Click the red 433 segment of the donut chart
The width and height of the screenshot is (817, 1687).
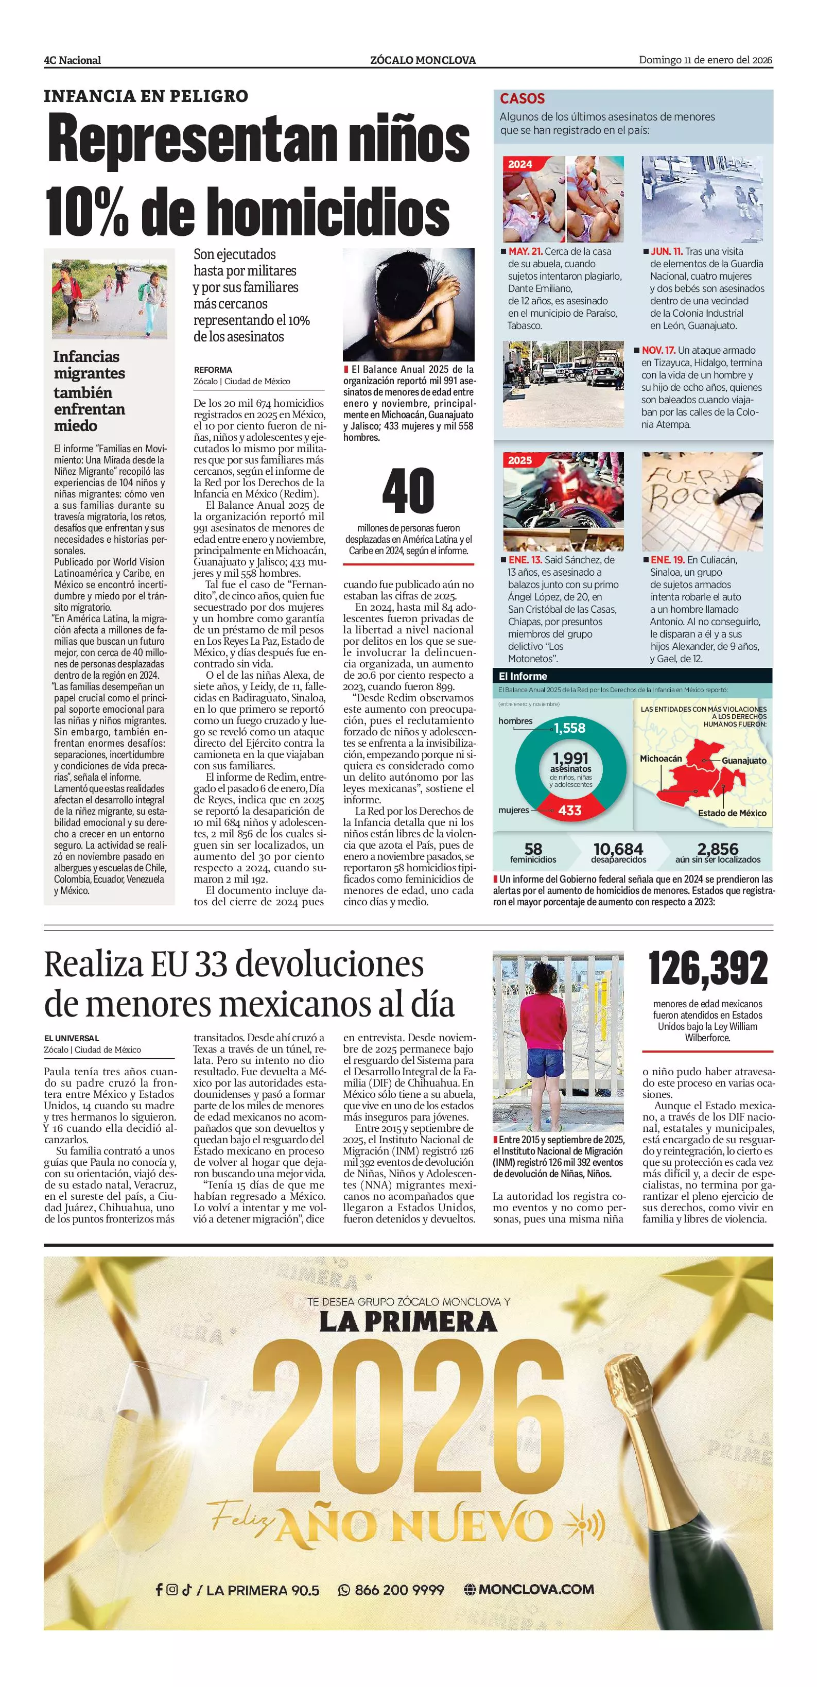pyautogui.click(x=569, y=810)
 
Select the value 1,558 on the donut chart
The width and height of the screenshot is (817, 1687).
pyautogui.click(x=569, y=728)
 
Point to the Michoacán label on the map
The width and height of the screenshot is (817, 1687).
pyautogui.click(x=660, y=759)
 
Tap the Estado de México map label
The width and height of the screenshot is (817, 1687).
pyautogui.click(x=732, y=813)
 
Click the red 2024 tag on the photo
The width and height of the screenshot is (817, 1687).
pyautogui.click(x=520, y=164)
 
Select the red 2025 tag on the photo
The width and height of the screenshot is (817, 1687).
pyautogui.click(x=520, y=460)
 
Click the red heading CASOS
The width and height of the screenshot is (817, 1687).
pyautogui.click(x=522, y=99)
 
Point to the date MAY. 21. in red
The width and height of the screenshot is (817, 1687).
pyautogui.click(x=526, y=251)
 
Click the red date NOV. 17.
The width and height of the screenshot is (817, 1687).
pyautogui.click(x=658, y=350)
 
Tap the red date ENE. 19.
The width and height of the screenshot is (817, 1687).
pyautogui.click(x=667, y=560)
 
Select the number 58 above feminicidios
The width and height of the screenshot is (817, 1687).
pyautogui.click(x=533, y=849)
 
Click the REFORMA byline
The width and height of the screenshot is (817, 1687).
pyautogui.click(x=213, y=370)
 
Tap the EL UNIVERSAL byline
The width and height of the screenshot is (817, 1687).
pyautogui.click(x=72, y=1038)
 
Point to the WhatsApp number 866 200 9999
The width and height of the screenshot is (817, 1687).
pyautogui.click(x=398, y=1590)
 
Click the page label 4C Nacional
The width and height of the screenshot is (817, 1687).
pyautogui.click(x=72, y=60)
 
